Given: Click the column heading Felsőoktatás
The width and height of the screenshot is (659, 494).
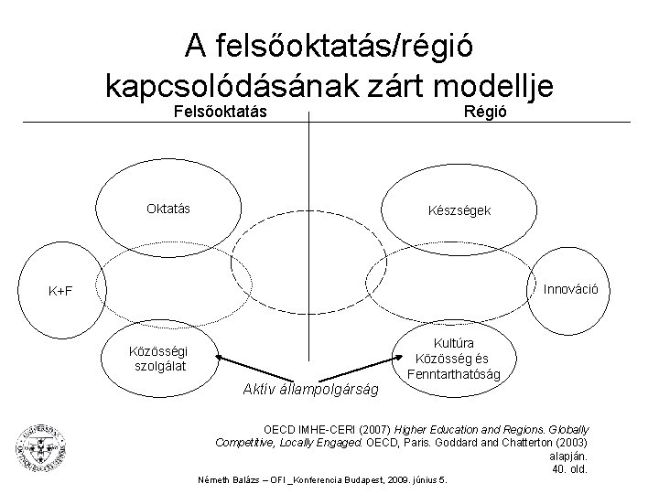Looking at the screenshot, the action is (x=220, y=112).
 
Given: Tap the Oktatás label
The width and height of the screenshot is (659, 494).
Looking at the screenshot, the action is (x=168, y=209).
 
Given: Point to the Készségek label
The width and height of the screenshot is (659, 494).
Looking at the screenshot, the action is (x=460, y=210).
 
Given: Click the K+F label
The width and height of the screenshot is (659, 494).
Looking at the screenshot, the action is (x=61, y=292).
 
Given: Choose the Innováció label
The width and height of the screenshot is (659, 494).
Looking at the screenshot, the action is (x=571, y=289).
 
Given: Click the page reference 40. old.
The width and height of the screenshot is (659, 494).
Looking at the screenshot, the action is (x=569, y=469).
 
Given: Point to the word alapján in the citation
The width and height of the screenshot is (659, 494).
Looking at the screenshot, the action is (x=567, y=456).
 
